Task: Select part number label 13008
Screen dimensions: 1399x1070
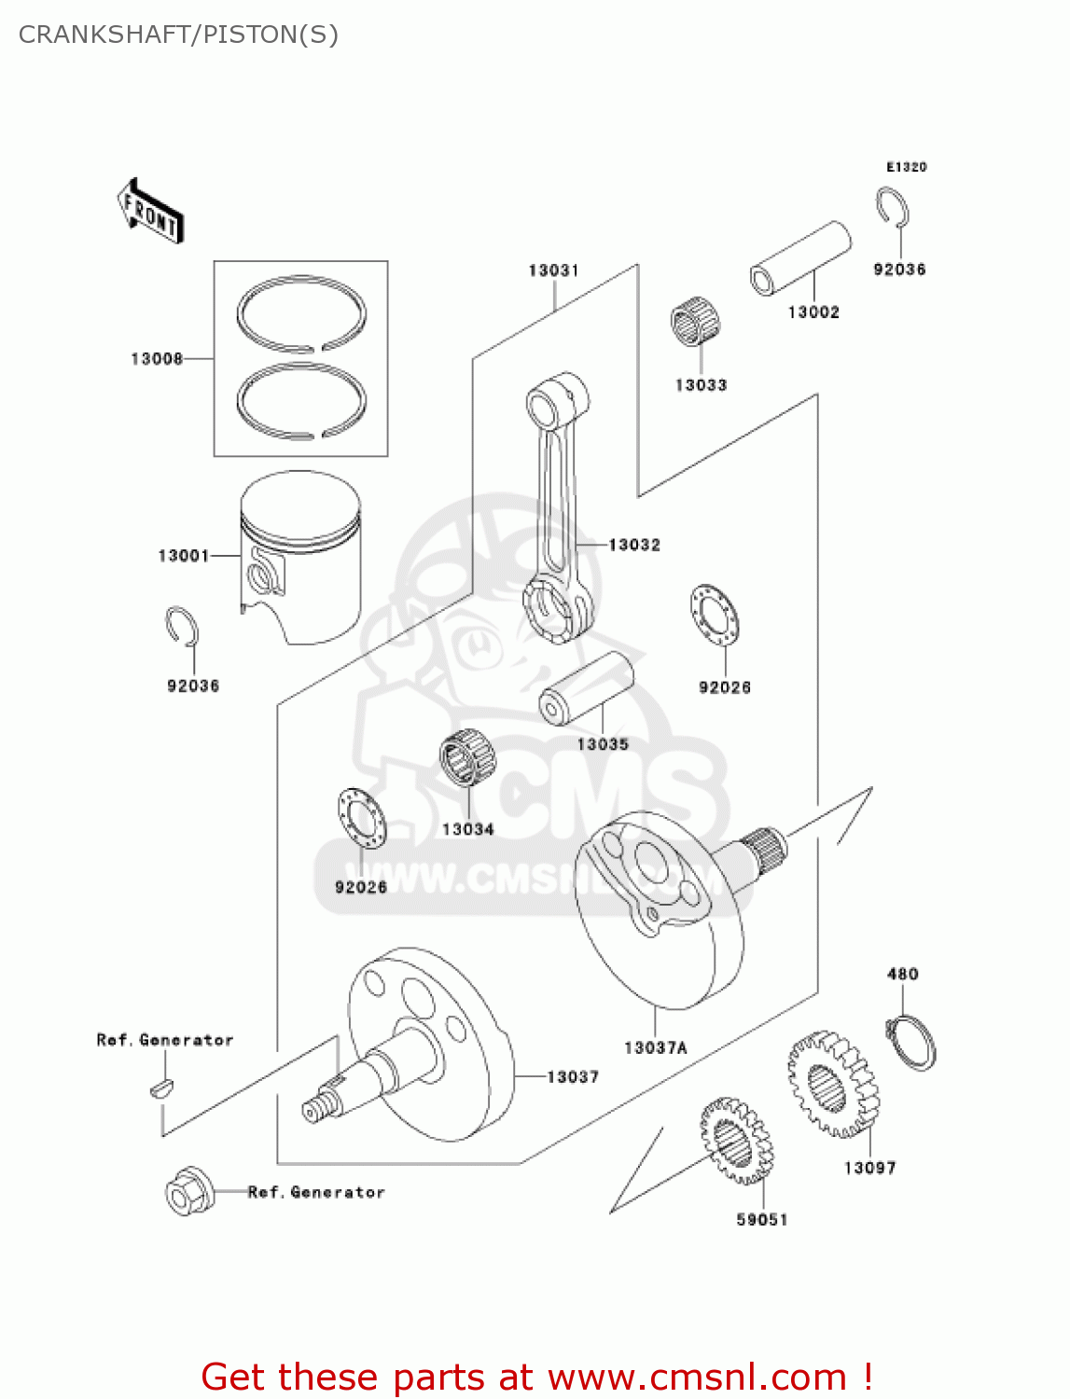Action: click(x=157, y=359)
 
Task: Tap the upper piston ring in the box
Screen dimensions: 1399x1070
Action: click(x=300, y=312)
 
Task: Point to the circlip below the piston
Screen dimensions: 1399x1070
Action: click(x=182, y=627)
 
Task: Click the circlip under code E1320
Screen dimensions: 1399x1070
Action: click(x=893, y=207)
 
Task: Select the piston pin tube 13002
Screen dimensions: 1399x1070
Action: click(x=800, y=258)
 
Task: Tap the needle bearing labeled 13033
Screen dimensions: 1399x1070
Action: click(x=698, y=323)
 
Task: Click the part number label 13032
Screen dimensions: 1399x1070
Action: click(x=634, y=545)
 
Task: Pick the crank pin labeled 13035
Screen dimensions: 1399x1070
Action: click(x=586, y=688)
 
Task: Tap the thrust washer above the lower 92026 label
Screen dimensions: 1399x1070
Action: click(x=361, y=818)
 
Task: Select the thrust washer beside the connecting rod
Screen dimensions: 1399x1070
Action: click(x=715, y=616)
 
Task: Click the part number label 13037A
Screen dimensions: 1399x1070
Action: click(x=655, y=1048)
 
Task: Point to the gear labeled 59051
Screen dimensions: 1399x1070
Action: click(x=735, y=1142)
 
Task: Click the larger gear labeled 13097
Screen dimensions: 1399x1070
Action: click(x=832, y=1084)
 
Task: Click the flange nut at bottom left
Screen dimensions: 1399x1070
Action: click(x=189, y=1191)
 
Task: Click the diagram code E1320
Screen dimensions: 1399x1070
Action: click(x=906, y=167)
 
